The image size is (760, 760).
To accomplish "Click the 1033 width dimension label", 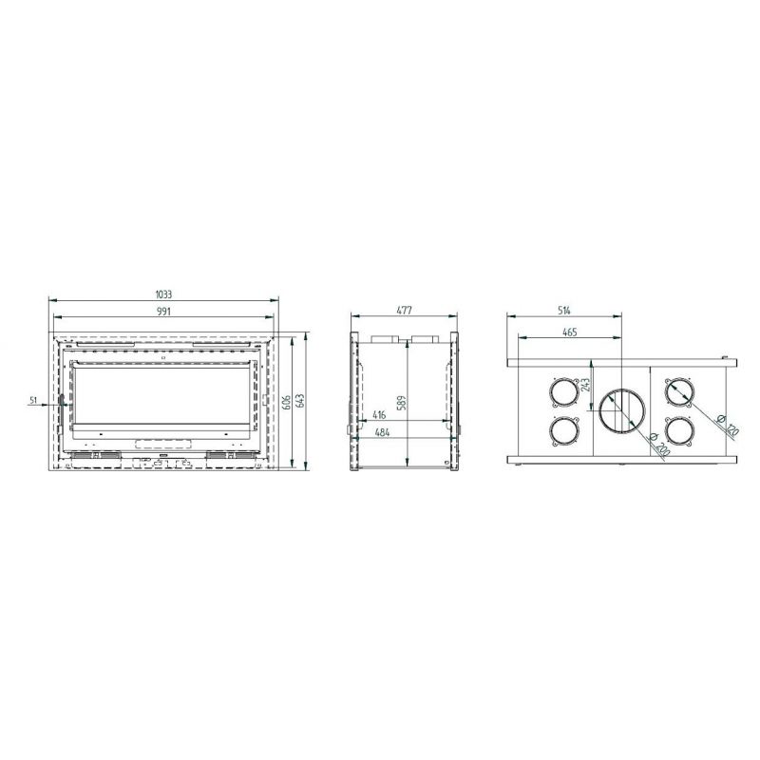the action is (x=163, y=294).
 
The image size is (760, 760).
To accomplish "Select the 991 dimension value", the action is (x=163, y=312).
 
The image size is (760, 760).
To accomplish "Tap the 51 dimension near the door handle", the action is (x=33, y=400).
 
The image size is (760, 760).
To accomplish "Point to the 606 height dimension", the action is (x=286, y=401).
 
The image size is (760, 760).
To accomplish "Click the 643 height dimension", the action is (x=299, y=401).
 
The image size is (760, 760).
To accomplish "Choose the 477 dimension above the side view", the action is (x=405, y=311).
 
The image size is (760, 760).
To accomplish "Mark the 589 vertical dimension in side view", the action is (x=401, y=403).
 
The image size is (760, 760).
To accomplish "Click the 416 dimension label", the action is (x=379, y=415).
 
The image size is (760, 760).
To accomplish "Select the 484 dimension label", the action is (x=383, y=432).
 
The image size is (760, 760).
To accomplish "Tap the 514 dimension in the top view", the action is (x=563, y=311).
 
